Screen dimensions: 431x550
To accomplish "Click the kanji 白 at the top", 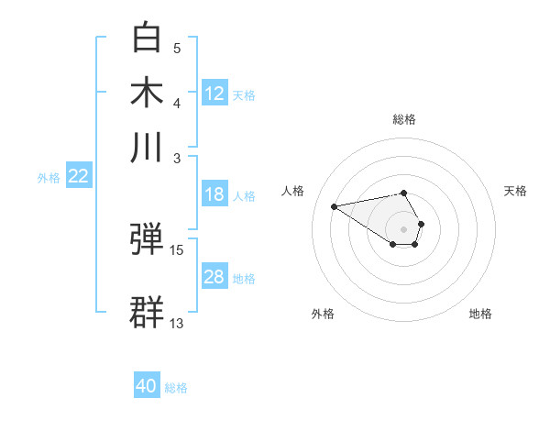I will tap(147, 38).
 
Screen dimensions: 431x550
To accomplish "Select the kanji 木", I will tap(147, 92).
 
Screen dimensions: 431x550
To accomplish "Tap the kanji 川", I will tap(147, 146).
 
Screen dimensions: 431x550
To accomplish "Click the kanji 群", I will tap(147, 312).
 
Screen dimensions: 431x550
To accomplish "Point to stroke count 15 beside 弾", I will tap(177, 249).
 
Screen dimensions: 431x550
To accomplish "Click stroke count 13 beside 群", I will tap(177, 323).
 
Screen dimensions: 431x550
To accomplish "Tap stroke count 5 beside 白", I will tap(177, 48).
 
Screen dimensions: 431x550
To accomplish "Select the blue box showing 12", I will tap(214, 93).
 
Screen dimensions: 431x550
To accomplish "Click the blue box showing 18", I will tap(214, 194).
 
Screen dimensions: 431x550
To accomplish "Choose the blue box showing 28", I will tap(214, 277).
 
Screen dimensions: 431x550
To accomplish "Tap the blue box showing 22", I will tap(78, 177).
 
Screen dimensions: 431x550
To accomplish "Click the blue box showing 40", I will tap(147, 386).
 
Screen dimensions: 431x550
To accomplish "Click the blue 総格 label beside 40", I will tap(176, 388).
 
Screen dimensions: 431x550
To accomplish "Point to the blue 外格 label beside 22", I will tap(48, 178).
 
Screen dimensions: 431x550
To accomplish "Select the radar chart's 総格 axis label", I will tap(403, 119).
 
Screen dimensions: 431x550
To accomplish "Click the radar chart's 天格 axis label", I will tap(515, 191).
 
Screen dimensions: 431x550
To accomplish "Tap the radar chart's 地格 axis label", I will tap(480, 314).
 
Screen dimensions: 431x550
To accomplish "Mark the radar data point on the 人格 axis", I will tap(334, 205).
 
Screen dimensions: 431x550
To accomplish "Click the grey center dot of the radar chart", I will tap(403, 228).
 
